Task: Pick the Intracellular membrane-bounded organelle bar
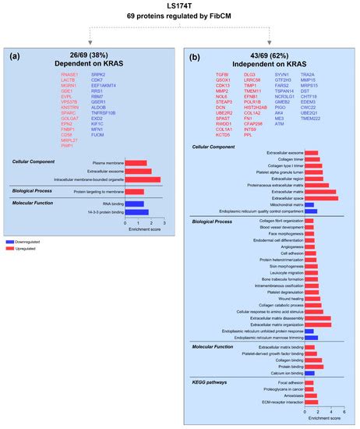(x=143, y=179)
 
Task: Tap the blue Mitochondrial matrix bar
(x=309, y=206)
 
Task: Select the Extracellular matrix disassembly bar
(x=318, y=317)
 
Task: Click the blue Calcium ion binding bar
(x=309, y=374)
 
